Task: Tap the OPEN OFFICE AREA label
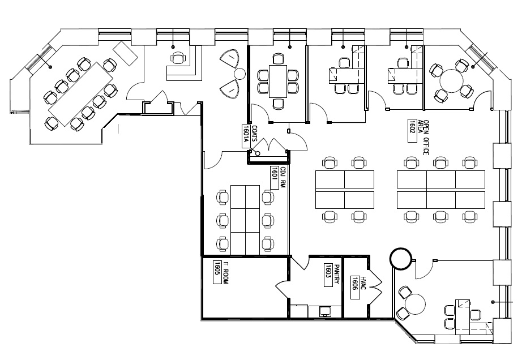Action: (x=426, y=138)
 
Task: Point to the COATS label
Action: (x=255, y=134)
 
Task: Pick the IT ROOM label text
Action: (x=225, y=273)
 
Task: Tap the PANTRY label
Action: (x=336, y=276)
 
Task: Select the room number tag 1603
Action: (x=328, y=276)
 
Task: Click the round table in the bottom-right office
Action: (x=418, y=304)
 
